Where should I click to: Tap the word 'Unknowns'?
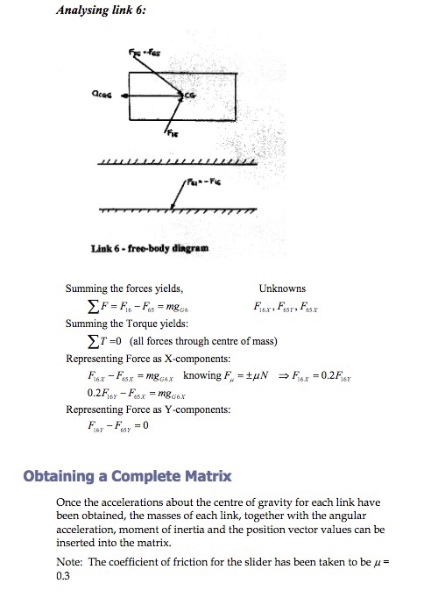(x=282, y=288)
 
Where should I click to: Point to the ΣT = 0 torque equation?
(x=162, y=341)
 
